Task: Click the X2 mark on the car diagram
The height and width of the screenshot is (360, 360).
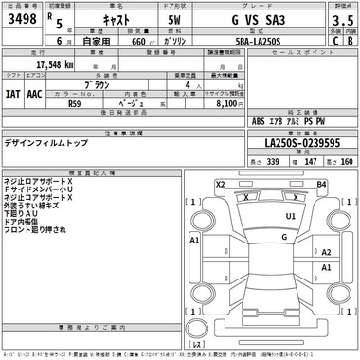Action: pyautogui.click(x=220, y=184)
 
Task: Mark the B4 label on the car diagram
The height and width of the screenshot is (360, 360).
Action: pyautogui.click(x=321, y=184)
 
